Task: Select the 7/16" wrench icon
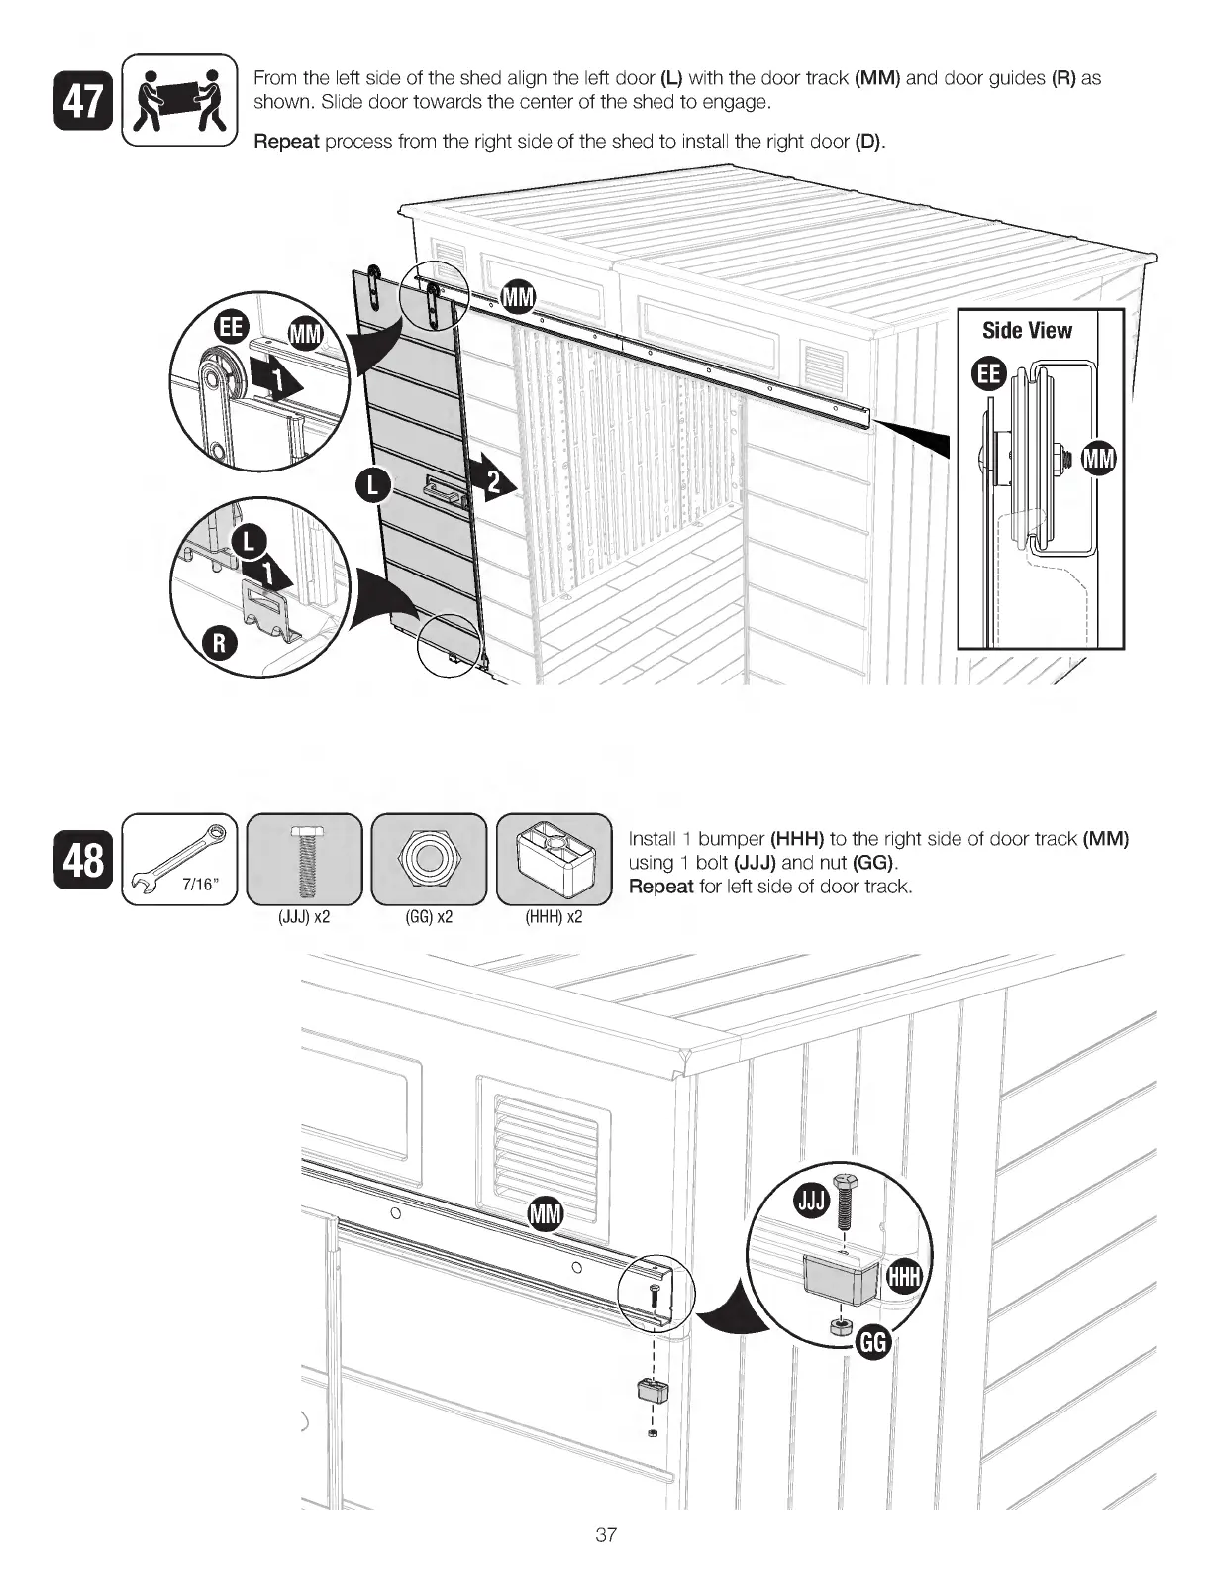pos(179,858)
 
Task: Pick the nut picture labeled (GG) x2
pos(428,859)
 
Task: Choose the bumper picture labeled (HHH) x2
pos(554,859)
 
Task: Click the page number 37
pos(606,1536)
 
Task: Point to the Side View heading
pos(1027,331)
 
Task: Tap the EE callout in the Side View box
pos(989,374)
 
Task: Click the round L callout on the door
pos(371,485)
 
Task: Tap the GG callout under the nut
pos(873,1343)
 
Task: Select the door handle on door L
pos(441,487)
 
